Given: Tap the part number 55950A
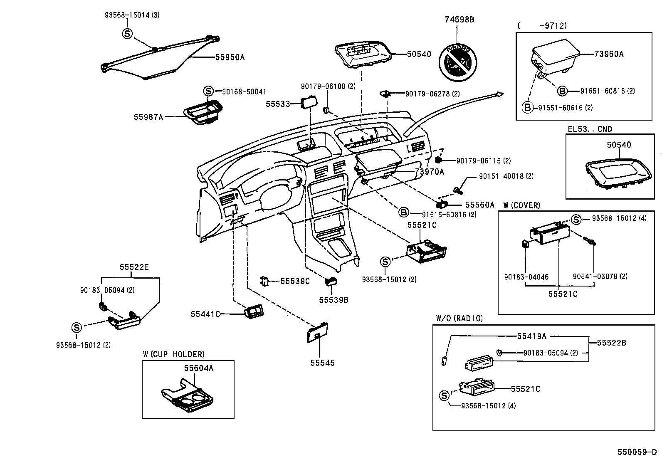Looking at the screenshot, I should pyautogui.click(x=230, y=57).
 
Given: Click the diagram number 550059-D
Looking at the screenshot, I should pyautogui.click(x=637, y=452).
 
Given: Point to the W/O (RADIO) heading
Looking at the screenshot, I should pyautogui.click(x=459, y=319).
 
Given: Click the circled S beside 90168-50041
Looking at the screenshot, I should pyautogui.click(x=208, y=91).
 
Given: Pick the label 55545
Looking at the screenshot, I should pyautogui.click(x=322, y=363).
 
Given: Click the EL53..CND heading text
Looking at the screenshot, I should pyautogui.click(x=590, y=129).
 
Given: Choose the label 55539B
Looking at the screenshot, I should pyautogui.click(x=333, y=299).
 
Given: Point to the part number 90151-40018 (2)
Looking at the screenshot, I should pyautogui.click(x=506, y=176).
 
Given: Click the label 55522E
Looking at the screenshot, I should pyautogui.click(x=134, y=267).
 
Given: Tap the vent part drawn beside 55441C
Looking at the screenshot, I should pyautogui.click(x=254, y=312).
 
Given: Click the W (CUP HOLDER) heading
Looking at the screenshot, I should pyautogui.click(x=173, y=354).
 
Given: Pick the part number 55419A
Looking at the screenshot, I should pyautogui.click(x=531, y=336).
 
